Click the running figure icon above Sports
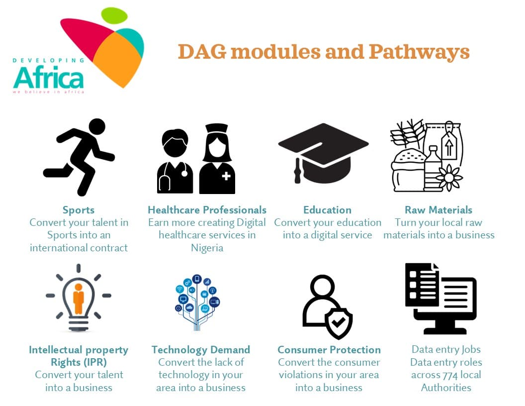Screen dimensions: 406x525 (x=79, y=156)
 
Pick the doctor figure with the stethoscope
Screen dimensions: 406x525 (x=175, y=162)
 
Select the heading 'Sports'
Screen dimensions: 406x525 (x=79, y=210)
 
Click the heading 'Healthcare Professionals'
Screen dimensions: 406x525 (x=207, y=210)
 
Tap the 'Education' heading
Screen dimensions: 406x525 (x=327, y=210)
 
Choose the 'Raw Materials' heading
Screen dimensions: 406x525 (x=438, y=210)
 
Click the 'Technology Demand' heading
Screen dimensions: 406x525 (x=201, y=350)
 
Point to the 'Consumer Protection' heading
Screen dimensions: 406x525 (x=329, y=350)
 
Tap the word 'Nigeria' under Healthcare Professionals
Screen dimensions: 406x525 (x=207, y=247)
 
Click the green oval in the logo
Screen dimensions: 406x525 (x=114, y=16)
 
